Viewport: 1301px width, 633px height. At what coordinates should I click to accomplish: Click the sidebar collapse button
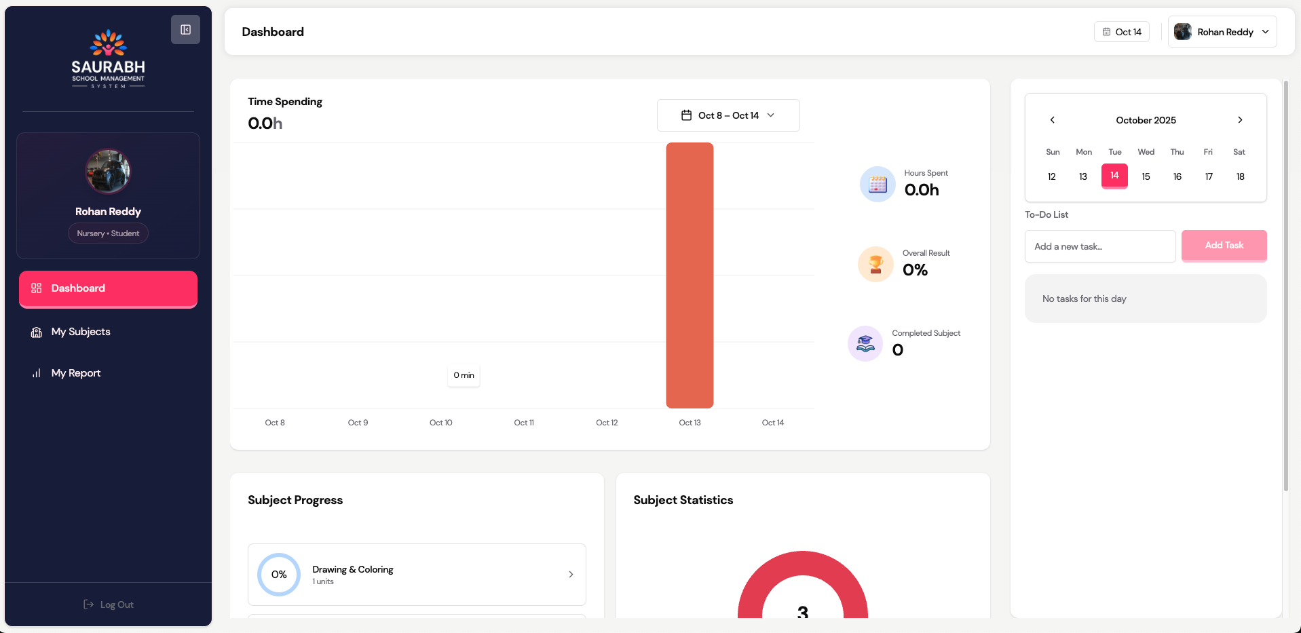[185, 30]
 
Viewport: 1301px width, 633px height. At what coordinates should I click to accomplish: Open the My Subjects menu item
[81, 332]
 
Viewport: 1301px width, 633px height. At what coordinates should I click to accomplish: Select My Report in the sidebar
[75, 373]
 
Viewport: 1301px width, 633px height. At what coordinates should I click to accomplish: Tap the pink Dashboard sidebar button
[108, 288]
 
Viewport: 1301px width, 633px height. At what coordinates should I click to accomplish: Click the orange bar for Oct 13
[690, 275]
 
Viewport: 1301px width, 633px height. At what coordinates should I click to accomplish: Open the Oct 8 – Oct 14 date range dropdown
[728, 115]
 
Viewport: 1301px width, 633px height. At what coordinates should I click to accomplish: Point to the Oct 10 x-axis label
[441, 423]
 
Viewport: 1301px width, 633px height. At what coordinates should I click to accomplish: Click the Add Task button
[1224, 246]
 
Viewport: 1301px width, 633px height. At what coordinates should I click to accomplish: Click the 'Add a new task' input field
[1099, 246]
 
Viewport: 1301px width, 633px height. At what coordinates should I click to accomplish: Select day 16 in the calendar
[1177, 176]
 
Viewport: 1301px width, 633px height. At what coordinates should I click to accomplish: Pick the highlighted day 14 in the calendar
[1114, 176]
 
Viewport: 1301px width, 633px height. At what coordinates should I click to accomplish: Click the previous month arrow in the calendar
[1053, 120]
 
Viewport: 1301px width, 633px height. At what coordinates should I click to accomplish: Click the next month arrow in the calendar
[1240, 120]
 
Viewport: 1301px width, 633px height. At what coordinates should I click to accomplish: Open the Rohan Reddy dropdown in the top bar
[1222, 32]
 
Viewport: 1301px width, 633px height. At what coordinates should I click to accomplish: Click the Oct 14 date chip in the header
[1122, 32]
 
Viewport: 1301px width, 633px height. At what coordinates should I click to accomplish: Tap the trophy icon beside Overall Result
[875, 264]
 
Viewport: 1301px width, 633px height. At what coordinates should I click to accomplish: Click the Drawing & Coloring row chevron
[571, 575]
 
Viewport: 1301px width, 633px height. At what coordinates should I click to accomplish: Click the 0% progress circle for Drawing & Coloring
[279, 575]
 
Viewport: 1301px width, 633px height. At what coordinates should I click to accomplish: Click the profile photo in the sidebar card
[108, 171]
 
